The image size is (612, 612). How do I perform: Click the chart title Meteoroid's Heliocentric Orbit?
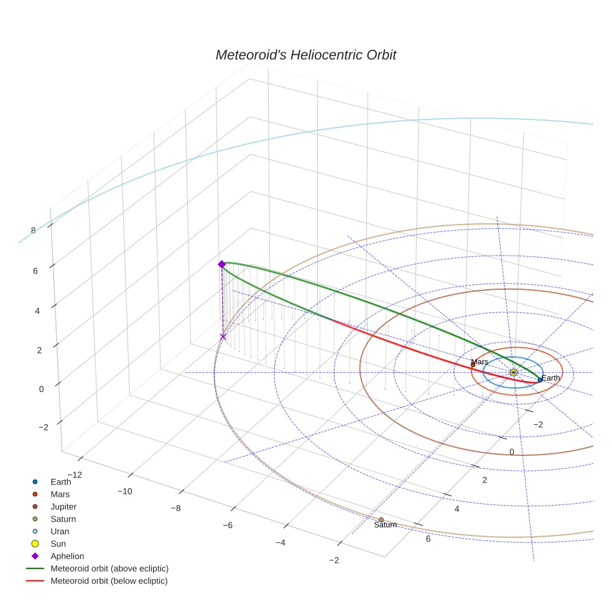[x=305, y=55]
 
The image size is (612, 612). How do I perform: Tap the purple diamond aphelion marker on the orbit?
[x=221, y=264]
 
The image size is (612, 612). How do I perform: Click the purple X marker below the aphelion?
[x=223, y=336]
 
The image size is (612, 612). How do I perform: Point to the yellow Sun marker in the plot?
[x=513, y=372]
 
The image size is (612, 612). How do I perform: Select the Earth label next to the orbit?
[x=550, y=378]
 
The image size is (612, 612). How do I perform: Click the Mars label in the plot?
[x=480, y=362]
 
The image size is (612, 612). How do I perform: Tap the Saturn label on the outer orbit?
[x=385, y=525]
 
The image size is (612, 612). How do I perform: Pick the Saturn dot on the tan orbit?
[x=381, y=520]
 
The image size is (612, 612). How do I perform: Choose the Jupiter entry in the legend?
[x=63, y=507]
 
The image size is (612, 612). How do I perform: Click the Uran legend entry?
[x=60, y=532]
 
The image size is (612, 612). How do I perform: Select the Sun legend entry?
[x=58, y=544]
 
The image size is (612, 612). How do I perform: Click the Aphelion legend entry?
[x=67, y=557]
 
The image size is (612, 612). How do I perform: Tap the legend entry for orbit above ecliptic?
[x=109, y=569]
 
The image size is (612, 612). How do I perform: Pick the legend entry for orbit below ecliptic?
[x=109, y=582]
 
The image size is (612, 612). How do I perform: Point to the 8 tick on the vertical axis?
[x=33, y=230]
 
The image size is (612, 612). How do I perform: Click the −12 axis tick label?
[x=75, y=475]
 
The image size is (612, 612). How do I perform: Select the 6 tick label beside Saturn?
[x=427, y=539]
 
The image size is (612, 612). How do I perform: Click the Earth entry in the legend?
[x=61, y=482]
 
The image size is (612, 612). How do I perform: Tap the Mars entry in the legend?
[x=60, y=494]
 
